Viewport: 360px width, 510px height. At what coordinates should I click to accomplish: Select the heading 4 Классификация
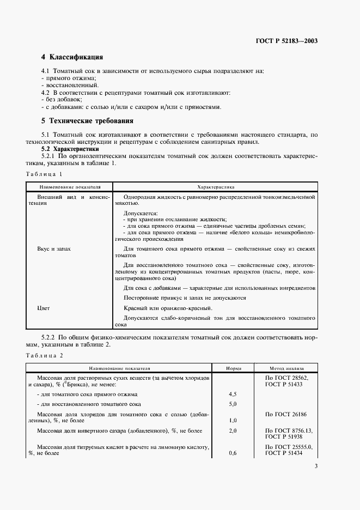tap(72, 57)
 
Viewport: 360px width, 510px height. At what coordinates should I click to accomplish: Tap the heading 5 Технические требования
tap(87, 120)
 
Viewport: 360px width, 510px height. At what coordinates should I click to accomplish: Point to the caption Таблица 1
tap(45, 173)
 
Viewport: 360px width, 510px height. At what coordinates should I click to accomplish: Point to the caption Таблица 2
tap(45, 355)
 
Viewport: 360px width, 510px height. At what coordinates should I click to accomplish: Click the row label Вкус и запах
tap(54, 248)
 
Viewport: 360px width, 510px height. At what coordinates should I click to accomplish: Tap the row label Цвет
tap(44, 308)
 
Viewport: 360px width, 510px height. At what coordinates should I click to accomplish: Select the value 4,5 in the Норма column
tap(233, 394)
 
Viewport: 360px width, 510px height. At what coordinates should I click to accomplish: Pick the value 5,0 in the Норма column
tap(233, 404)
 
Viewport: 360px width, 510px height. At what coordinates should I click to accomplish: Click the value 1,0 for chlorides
tap(233, 421)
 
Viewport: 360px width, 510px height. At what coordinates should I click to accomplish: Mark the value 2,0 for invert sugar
tap(233, 430)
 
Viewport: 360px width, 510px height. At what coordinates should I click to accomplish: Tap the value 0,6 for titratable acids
tap(233, 453)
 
